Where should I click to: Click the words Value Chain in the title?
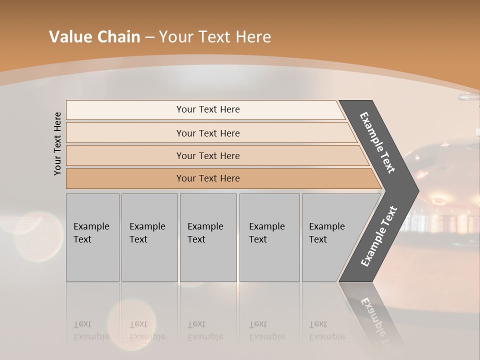tap(94, 37)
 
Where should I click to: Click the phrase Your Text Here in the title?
tap(215, 37)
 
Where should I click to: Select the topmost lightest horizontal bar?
tap(207, 109)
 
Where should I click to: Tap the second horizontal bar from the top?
tap(207, 133)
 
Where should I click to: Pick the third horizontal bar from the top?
tap(207, 155)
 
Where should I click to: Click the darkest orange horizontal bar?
tap(207, 178)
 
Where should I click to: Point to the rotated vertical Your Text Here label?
tap(57, 143)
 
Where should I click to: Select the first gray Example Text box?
tap(92, 237)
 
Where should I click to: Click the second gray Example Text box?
tap(149, 237)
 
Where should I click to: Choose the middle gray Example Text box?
tap(208, 237)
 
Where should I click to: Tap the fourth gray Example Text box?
tap(269, 237)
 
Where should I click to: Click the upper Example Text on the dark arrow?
tap(377, 142)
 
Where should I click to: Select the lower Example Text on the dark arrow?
tap(378, 236)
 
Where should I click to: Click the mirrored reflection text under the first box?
tap(91, 330)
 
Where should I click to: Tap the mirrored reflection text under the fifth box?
tap(327, 330)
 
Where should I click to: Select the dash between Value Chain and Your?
tap(149, 37)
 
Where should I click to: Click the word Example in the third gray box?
tap(205, 226)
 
